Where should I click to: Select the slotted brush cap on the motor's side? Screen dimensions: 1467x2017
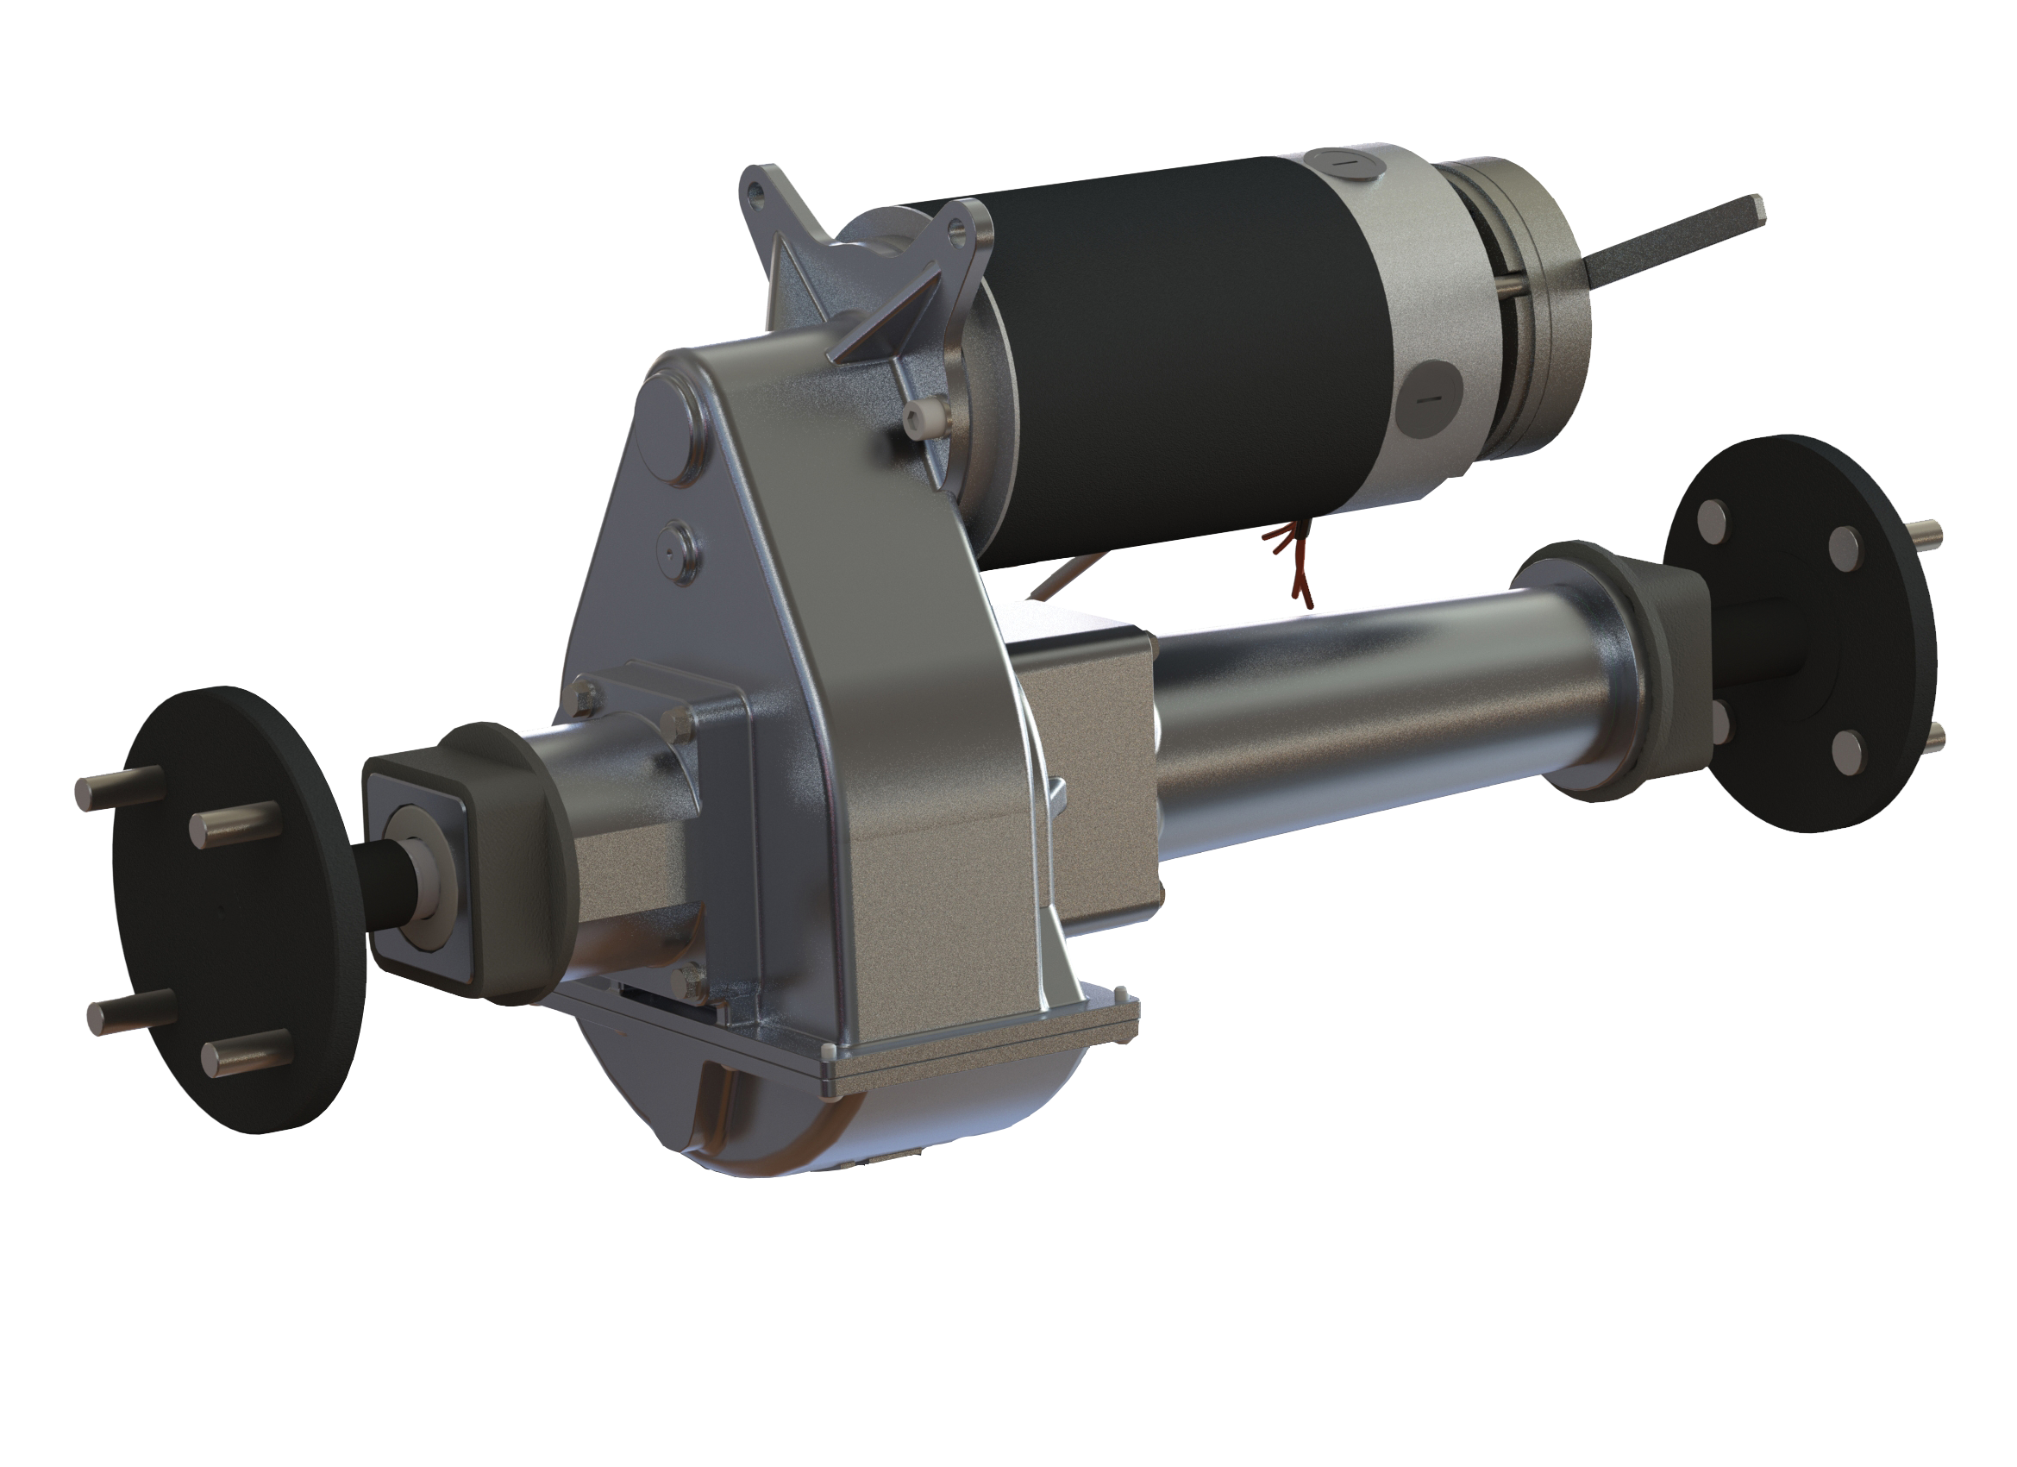coord(1428,398)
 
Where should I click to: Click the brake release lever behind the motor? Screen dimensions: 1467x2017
coord(1672,236)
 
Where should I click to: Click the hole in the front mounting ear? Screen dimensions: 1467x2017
coord(956,233)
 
